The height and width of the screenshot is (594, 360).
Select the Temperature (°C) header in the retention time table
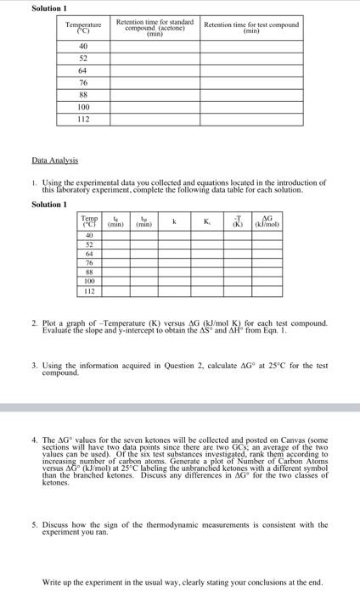coord(83,28)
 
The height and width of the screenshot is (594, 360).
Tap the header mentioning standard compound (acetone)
coord(155,28)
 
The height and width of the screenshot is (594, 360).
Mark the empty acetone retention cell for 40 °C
coord(155,46)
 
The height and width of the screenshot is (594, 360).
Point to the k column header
coord(174,223)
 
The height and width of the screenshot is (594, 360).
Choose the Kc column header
coord(207,223)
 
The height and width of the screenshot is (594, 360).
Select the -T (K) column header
coord(238,223)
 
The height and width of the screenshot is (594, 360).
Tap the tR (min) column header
coord(117,223)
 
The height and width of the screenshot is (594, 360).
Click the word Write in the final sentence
coord(51,582)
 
